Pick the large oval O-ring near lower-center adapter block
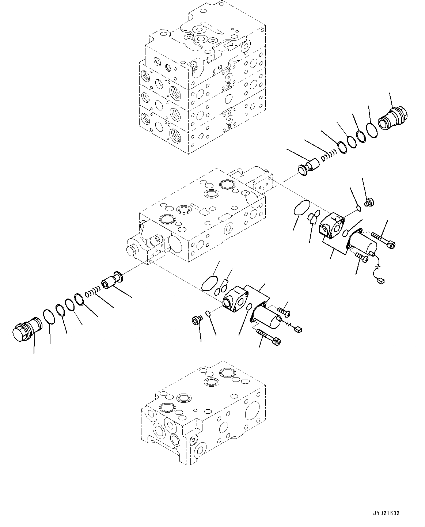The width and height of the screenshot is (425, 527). tap(209, 284)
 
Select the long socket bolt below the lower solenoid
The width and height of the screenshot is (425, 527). tap(269, 337)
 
